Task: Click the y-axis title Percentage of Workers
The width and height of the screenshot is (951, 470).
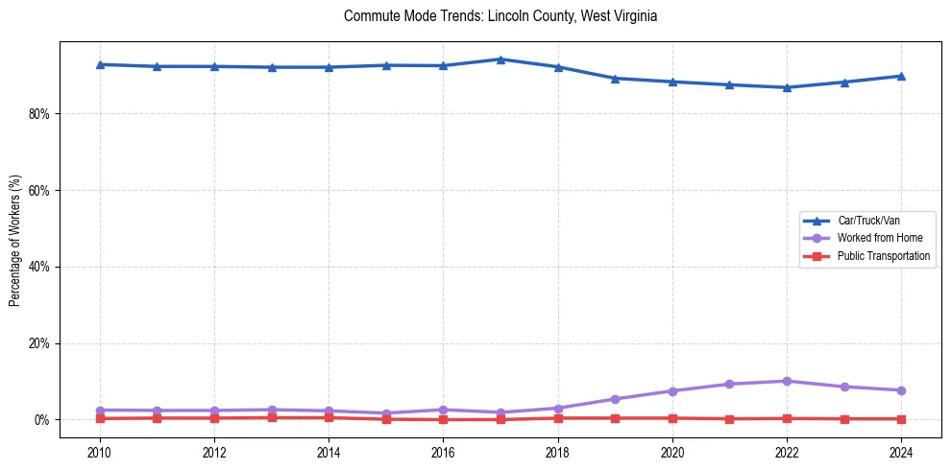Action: pyautogui.click(x=15, y=240)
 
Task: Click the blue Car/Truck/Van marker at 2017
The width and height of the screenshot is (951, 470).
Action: pyautogui.click(x=500, y=59)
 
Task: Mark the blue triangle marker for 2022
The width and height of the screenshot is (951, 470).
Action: pyautogui.click(x=787, y=87)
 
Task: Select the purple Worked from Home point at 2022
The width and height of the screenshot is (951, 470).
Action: pyautogui.click(x=787, y=381)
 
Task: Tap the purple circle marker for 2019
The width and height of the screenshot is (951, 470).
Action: pyautogui.click(x=615, y=399)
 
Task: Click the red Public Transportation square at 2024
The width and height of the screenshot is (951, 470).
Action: pyautogui.click(x=901, y=419)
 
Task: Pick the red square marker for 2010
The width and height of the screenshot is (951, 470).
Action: pyautogui.click(x=100, y=418)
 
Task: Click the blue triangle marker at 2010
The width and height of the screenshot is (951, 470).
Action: pyautogui.click(x=100, y=64)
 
